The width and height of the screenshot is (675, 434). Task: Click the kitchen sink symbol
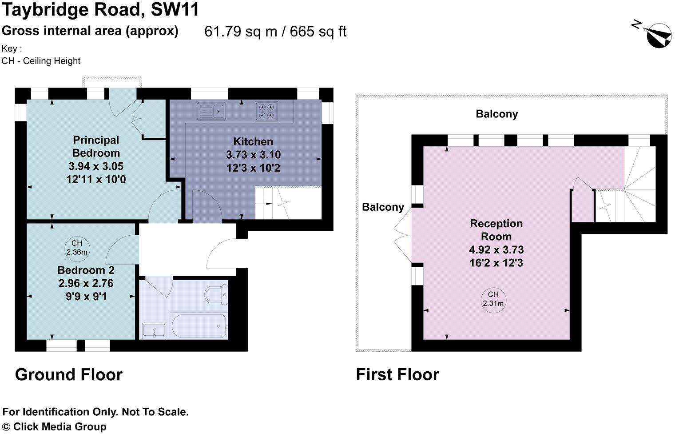coord(211,111)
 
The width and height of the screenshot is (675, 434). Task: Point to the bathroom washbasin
coord(154,330)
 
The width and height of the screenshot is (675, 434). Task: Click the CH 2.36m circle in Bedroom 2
coord(76,248)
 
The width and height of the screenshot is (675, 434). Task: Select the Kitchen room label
coord(253,142)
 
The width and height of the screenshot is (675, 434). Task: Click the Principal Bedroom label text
coord(96,146)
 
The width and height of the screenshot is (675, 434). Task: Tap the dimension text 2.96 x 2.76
coord(86,283)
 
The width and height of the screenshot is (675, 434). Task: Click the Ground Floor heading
coord(69,375)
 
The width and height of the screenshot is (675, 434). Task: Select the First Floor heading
coord(397,375)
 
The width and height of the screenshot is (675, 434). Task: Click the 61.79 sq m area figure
coord(240,32)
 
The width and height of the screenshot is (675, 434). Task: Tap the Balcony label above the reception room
coord(496,114)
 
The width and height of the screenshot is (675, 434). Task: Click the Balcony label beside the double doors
coord(383,207)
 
